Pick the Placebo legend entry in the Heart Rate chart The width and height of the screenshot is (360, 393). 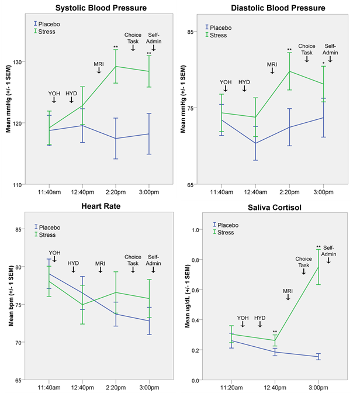tap(51, 227)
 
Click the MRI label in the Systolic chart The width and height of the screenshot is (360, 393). tap(99, 64)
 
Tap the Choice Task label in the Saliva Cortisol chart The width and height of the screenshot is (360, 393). tap(303, 262)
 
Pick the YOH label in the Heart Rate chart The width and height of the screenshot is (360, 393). tap(54, 253)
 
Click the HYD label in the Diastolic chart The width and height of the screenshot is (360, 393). tap(244, 82)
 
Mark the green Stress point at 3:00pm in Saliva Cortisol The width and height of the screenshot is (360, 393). tap(319, 267)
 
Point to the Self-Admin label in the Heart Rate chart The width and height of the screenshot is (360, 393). tap(154, 260)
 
